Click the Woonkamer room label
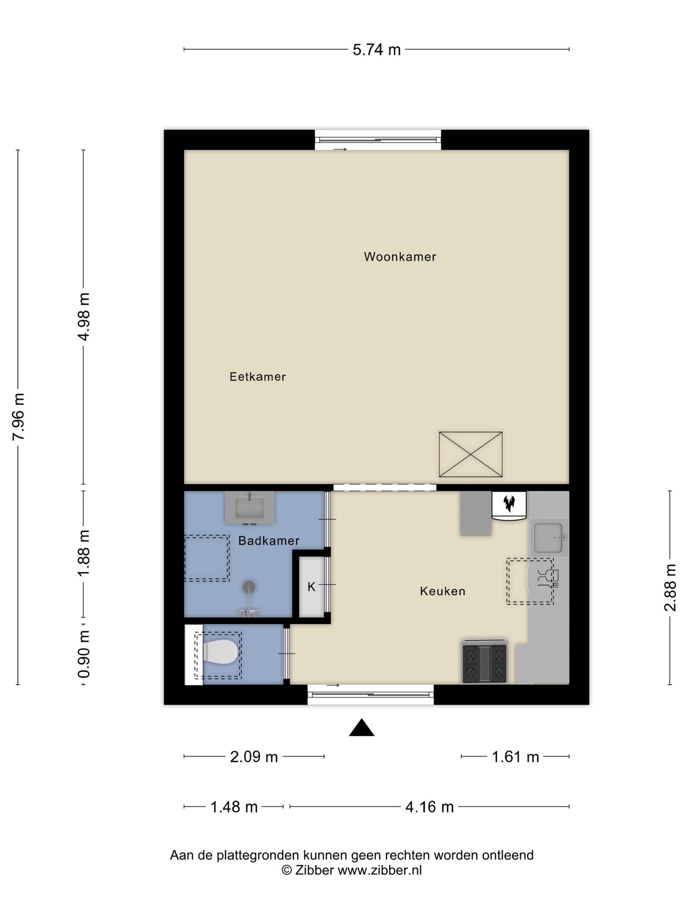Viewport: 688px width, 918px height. point(400,257)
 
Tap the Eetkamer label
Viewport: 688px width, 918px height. point(258,377)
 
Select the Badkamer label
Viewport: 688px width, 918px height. point(269,541)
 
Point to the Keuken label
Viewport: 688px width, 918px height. point(442,591)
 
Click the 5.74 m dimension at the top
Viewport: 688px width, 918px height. point(376,50)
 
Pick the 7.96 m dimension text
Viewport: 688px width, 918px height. point(19,417)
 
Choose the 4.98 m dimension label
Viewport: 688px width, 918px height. point(84,317)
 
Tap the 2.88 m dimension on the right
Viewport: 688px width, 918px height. point(670,588)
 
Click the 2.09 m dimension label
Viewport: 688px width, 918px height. point(254,757)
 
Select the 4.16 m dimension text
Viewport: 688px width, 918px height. point(429,807)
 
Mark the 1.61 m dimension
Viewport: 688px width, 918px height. point(516,757)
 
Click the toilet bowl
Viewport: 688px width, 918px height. point(220,652)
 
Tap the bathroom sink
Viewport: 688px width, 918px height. point(249,507)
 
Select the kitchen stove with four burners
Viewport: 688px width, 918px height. point(484,662)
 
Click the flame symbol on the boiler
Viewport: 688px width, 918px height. point(509,503)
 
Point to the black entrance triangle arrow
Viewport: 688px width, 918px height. point(362,728)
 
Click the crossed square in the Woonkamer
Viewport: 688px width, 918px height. point(471,454)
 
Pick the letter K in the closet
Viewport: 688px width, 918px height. point(312,587)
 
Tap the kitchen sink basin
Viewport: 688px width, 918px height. point(548,538)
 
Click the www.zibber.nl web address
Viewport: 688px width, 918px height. point(380,870)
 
